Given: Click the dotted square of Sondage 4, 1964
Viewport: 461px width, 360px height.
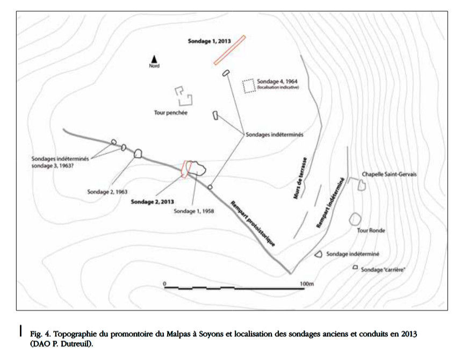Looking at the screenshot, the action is pos(248,86).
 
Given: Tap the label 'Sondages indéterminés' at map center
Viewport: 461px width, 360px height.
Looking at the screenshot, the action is pos(275,135).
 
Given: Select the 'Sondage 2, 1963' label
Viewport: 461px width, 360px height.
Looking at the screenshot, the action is pos(107,191).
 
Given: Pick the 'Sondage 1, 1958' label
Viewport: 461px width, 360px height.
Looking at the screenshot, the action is pos(194,211).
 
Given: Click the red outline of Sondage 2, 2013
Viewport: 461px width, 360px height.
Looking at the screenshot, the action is pos(186,169).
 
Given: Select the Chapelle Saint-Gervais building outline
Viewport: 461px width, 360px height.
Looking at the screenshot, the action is pos(362,185).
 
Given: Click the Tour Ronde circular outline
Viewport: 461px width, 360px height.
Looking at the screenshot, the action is pos(355,219).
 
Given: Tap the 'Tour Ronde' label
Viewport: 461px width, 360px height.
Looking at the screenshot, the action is pos(372,231).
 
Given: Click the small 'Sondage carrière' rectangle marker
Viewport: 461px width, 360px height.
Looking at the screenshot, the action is pos(355,268).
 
